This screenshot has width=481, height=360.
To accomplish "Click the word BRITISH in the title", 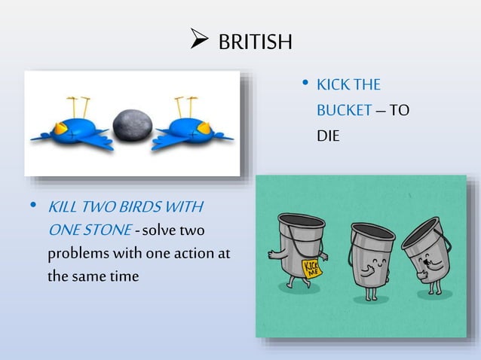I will [254, 42].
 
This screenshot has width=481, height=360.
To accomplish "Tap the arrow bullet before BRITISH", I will [198, 41].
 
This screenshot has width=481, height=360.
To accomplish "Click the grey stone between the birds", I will [132, 125].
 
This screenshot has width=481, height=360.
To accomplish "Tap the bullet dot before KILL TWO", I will [33, 206].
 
